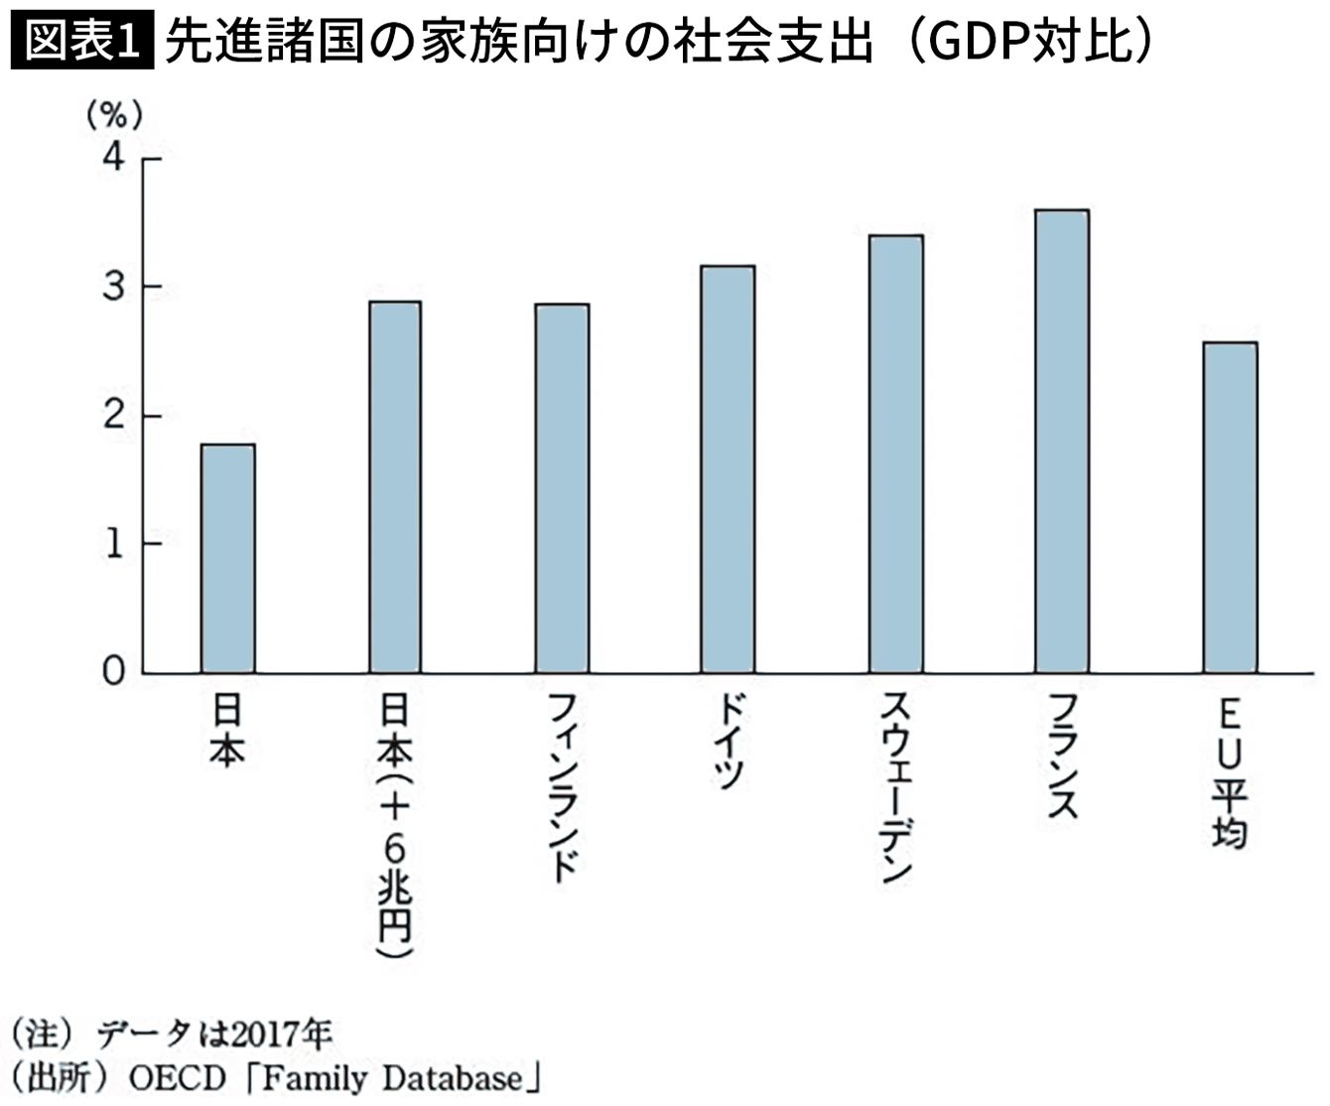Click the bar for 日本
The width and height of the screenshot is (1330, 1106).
tap(227, 558)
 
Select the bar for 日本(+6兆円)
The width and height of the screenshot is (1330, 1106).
tap(395, 486)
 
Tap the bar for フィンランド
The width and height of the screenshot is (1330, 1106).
tap(562, 488)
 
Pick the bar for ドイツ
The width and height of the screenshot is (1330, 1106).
tap(728, 469)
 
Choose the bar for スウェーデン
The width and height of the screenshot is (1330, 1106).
tap(895, 454)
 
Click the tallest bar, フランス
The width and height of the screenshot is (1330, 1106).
tap(1061, 441)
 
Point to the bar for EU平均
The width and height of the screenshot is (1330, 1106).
tap(1230, 507)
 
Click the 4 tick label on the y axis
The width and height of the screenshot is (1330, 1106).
tap(114, 158)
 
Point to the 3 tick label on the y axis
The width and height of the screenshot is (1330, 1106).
tap(114, 287)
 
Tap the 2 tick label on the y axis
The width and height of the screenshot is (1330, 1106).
tap(114, 415)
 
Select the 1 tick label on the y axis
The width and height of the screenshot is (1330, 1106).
tap(114, 544)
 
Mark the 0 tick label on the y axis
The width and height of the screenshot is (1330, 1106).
tap(114, 672)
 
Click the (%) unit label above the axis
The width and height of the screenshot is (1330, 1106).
tap(115, 116)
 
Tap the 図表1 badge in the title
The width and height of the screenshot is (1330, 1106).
tap(82, 43)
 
